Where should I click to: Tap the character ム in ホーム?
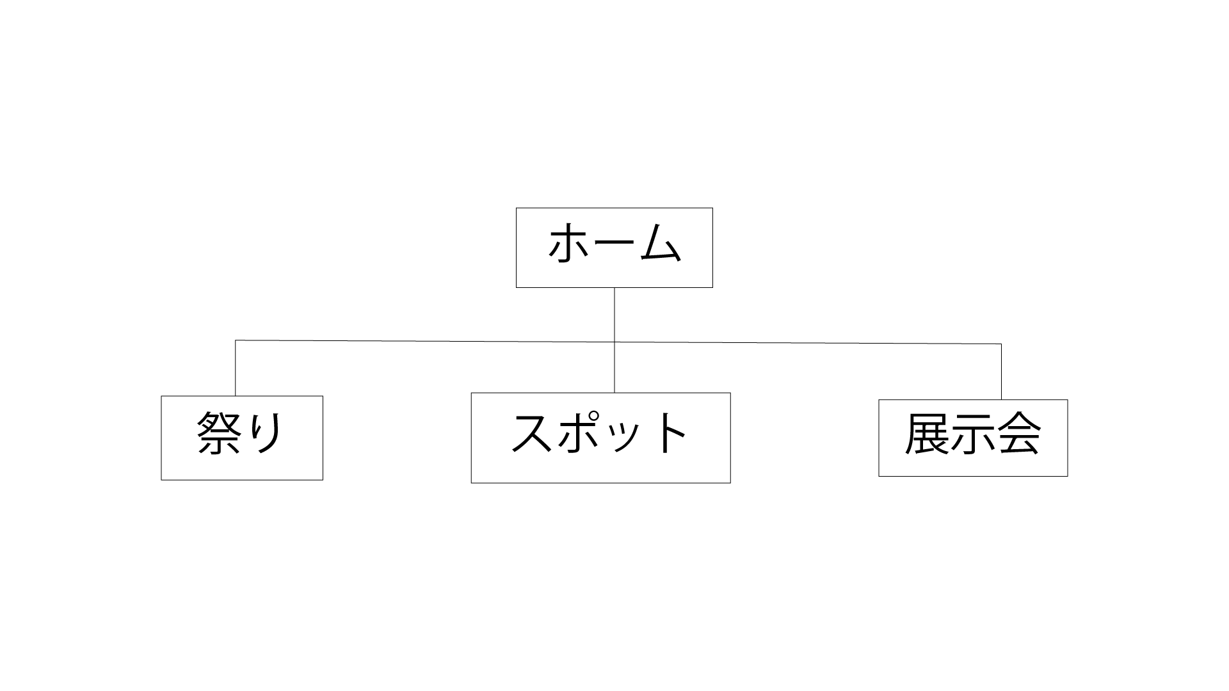(659, 242)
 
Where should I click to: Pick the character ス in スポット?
(532, 433)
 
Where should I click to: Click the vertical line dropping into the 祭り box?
(236, 368)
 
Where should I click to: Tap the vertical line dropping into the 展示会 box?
(1001, 372)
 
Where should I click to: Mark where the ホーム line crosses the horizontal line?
(614, 342)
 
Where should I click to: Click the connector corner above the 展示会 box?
(1001, 344)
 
